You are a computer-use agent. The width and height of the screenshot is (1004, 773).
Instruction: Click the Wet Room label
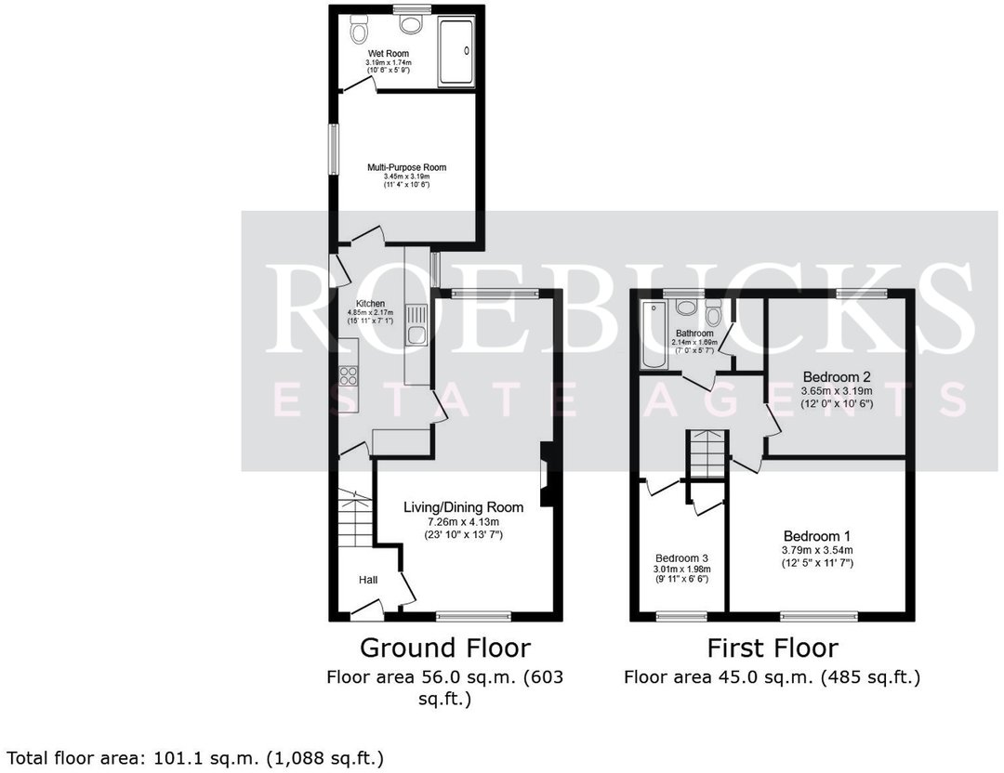[388, 54]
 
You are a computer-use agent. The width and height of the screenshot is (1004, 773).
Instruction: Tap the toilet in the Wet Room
[360, 32]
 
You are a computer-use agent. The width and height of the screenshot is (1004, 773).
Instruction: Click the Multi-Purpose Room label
[406, 168]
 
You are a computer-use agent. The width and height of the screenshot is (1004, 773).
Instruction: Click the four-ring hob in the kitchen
[350, 375]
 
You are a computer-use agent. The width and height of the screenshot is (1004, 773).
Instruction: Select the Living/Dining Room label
[463, 507]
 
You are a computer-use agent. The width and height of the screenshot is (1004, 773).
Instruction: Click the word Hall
[369, 580]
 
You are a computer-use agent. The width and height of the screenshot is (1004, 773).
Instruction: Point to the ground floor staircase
[353, 521]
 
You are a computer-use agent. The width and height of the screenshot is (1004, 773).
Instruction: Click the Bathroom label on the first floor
[694, 333]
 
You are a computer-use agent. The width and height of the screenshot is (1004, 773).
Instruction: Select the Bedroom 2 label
[837, 376]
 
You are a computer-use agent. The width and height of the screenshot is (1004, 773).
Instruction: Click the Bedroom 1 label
[817, 536]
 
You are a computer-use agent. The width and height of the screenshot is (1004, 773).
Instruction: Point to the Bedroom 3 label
[681, 559]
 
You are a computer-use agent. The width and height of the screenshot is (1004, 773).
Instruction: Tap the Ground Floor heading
[445, 648]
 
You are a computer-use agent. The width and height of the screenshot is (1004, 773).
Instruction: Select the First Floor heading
[772, 648]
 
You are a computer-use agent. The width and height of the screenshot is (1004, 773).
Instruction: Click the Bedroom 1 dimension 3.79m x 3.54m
[817, 550]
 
